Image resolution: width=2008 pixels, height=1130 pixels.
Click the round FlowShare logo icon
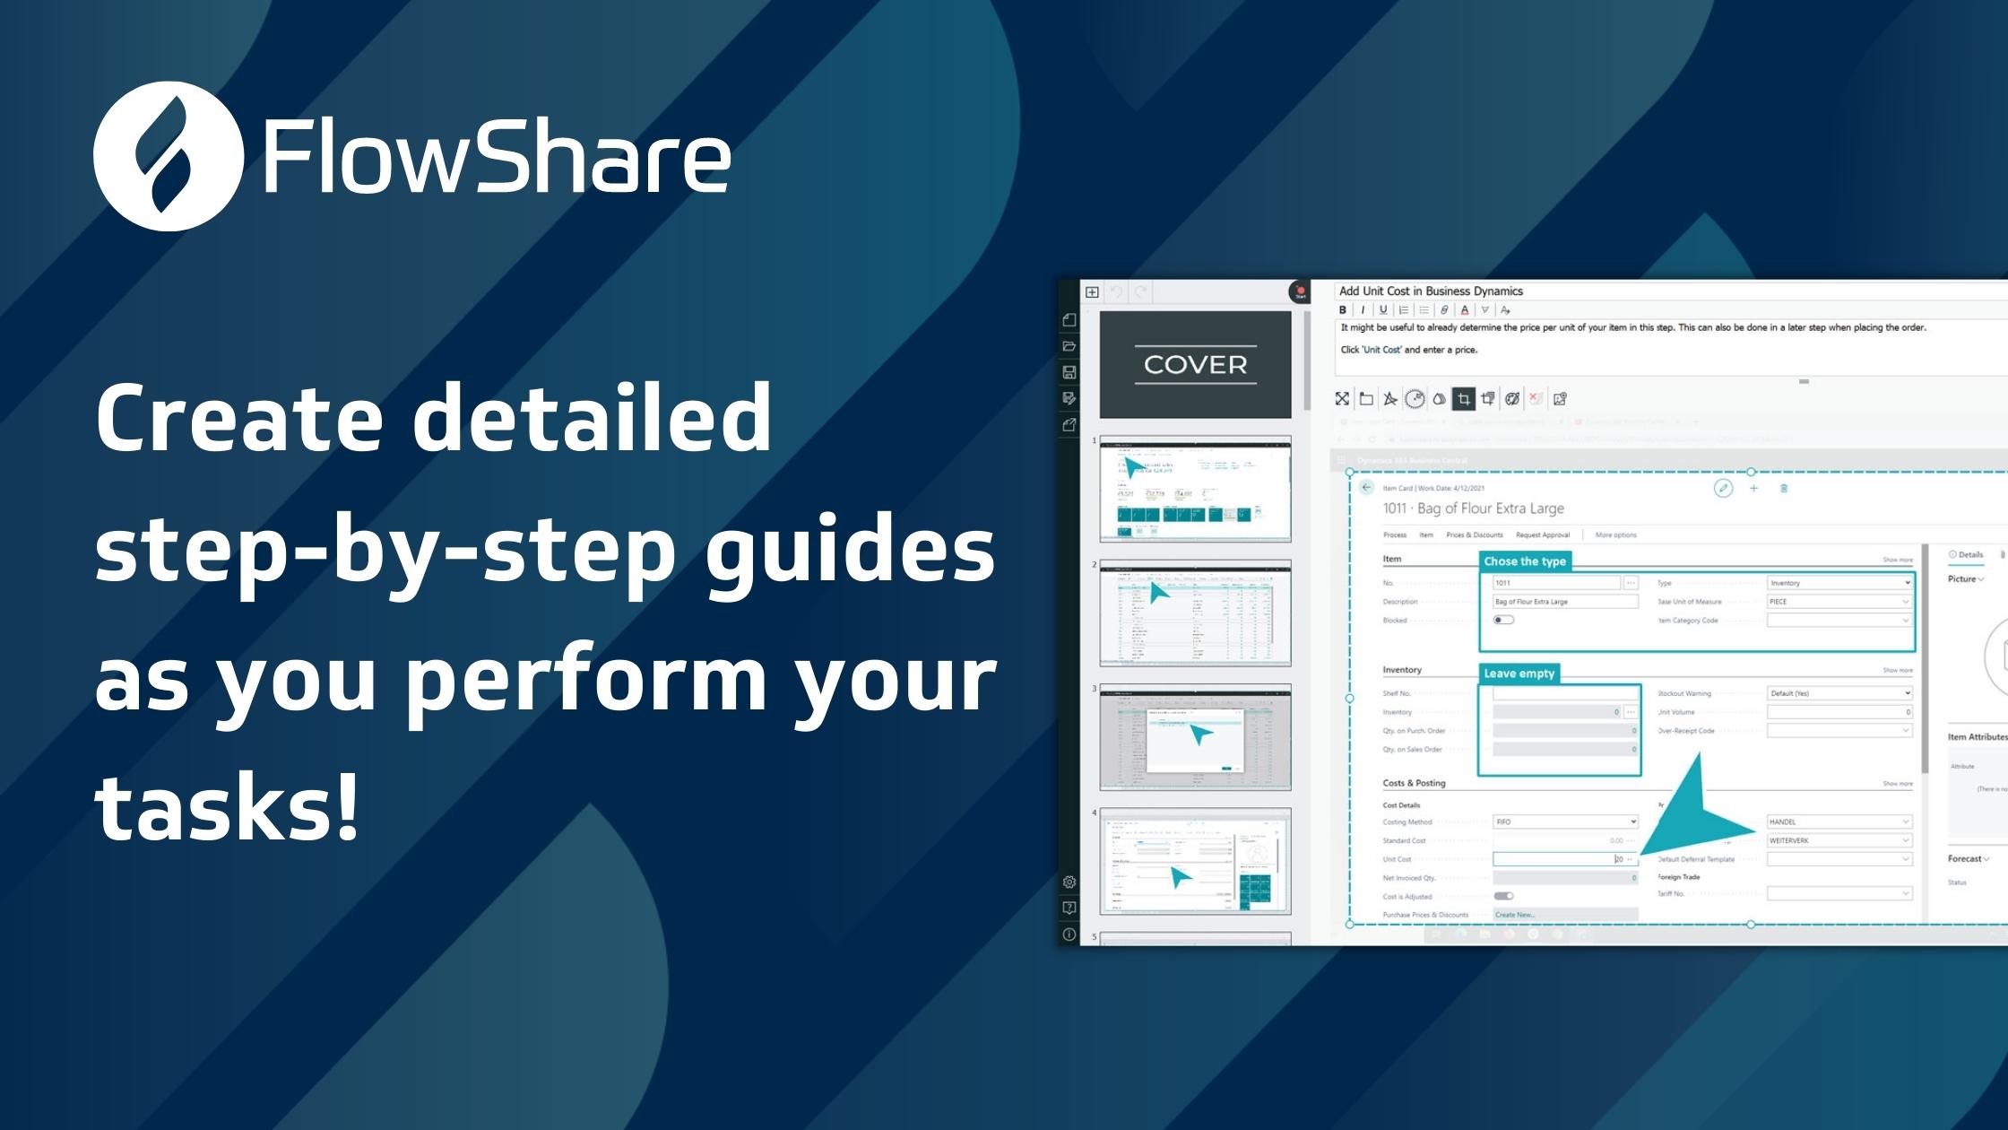click(x=168, y=156)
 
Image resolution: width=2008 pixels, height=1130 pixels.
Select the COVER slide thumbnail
click(x=1195, y=364)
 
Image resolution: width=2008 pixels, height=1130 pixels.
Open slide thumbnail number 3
click(x=1195, y=737)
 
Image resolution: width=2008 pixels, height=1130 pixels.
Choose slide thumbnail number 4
click(x=1195, y=861)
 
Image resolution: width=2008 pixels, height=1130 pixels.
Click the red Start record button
click(x=1300, y=291)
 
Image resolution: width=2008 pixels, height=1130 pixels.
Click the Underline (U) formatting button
click(x=1383, y=310)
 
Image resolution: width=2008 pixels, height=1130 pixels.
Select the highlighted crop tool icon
click(x=1463, y=399)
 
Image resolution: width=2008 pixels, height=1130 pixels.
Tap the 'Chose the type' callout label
click(x=1524, y=561)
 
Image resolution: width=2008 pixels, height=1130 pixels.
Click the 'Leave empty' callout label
click(x=1519, y=674)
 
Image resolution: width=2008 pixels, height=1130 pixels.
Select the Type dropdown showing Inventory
click(x=1839, y=583)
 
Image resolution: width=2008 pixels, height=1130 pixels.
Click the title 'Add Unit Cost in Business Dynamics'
click(x=1431, y=291)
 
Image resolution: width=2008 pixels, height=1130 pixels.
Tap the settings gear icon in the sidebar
click(x=1069, y=882)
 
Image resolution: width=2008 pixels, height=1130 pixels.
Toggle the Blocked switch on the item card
click(x=1503, y=620)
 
